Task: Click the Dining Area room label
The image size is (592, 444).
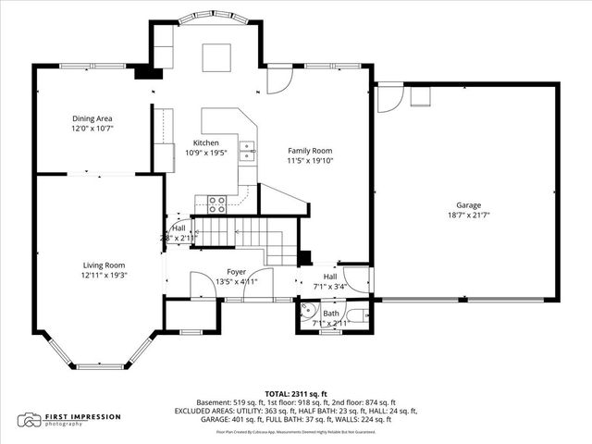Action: click(x=92, y=118)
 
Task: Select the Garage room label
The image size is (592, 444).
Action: click(x=468, y=205)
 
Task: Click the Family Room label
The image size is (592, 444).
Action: click(x=309, y=151)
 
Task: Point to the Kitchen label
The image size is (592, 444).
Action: click(x=205, y=143)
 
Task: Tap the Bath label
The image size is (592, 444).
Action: click(x=331, y=314)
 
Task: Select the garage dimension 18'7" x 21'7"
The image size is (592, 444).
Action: click(x=468, y=216)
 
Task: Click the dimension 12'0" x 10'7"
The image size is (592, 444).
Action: click(x=92, y=129)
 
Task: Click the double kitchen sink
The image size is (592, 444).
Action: click(x=247, y=150)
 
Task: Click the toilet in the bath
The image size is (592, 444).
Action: click(x=368, y=316)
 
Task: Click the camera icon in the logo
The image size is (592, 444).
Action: click(x=31, y=420)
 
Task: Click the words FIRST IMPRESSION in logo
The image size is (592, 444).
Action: click(x=82, y=416)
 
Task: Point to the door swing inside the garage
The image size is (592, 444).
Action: click(x=389, y=95)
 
